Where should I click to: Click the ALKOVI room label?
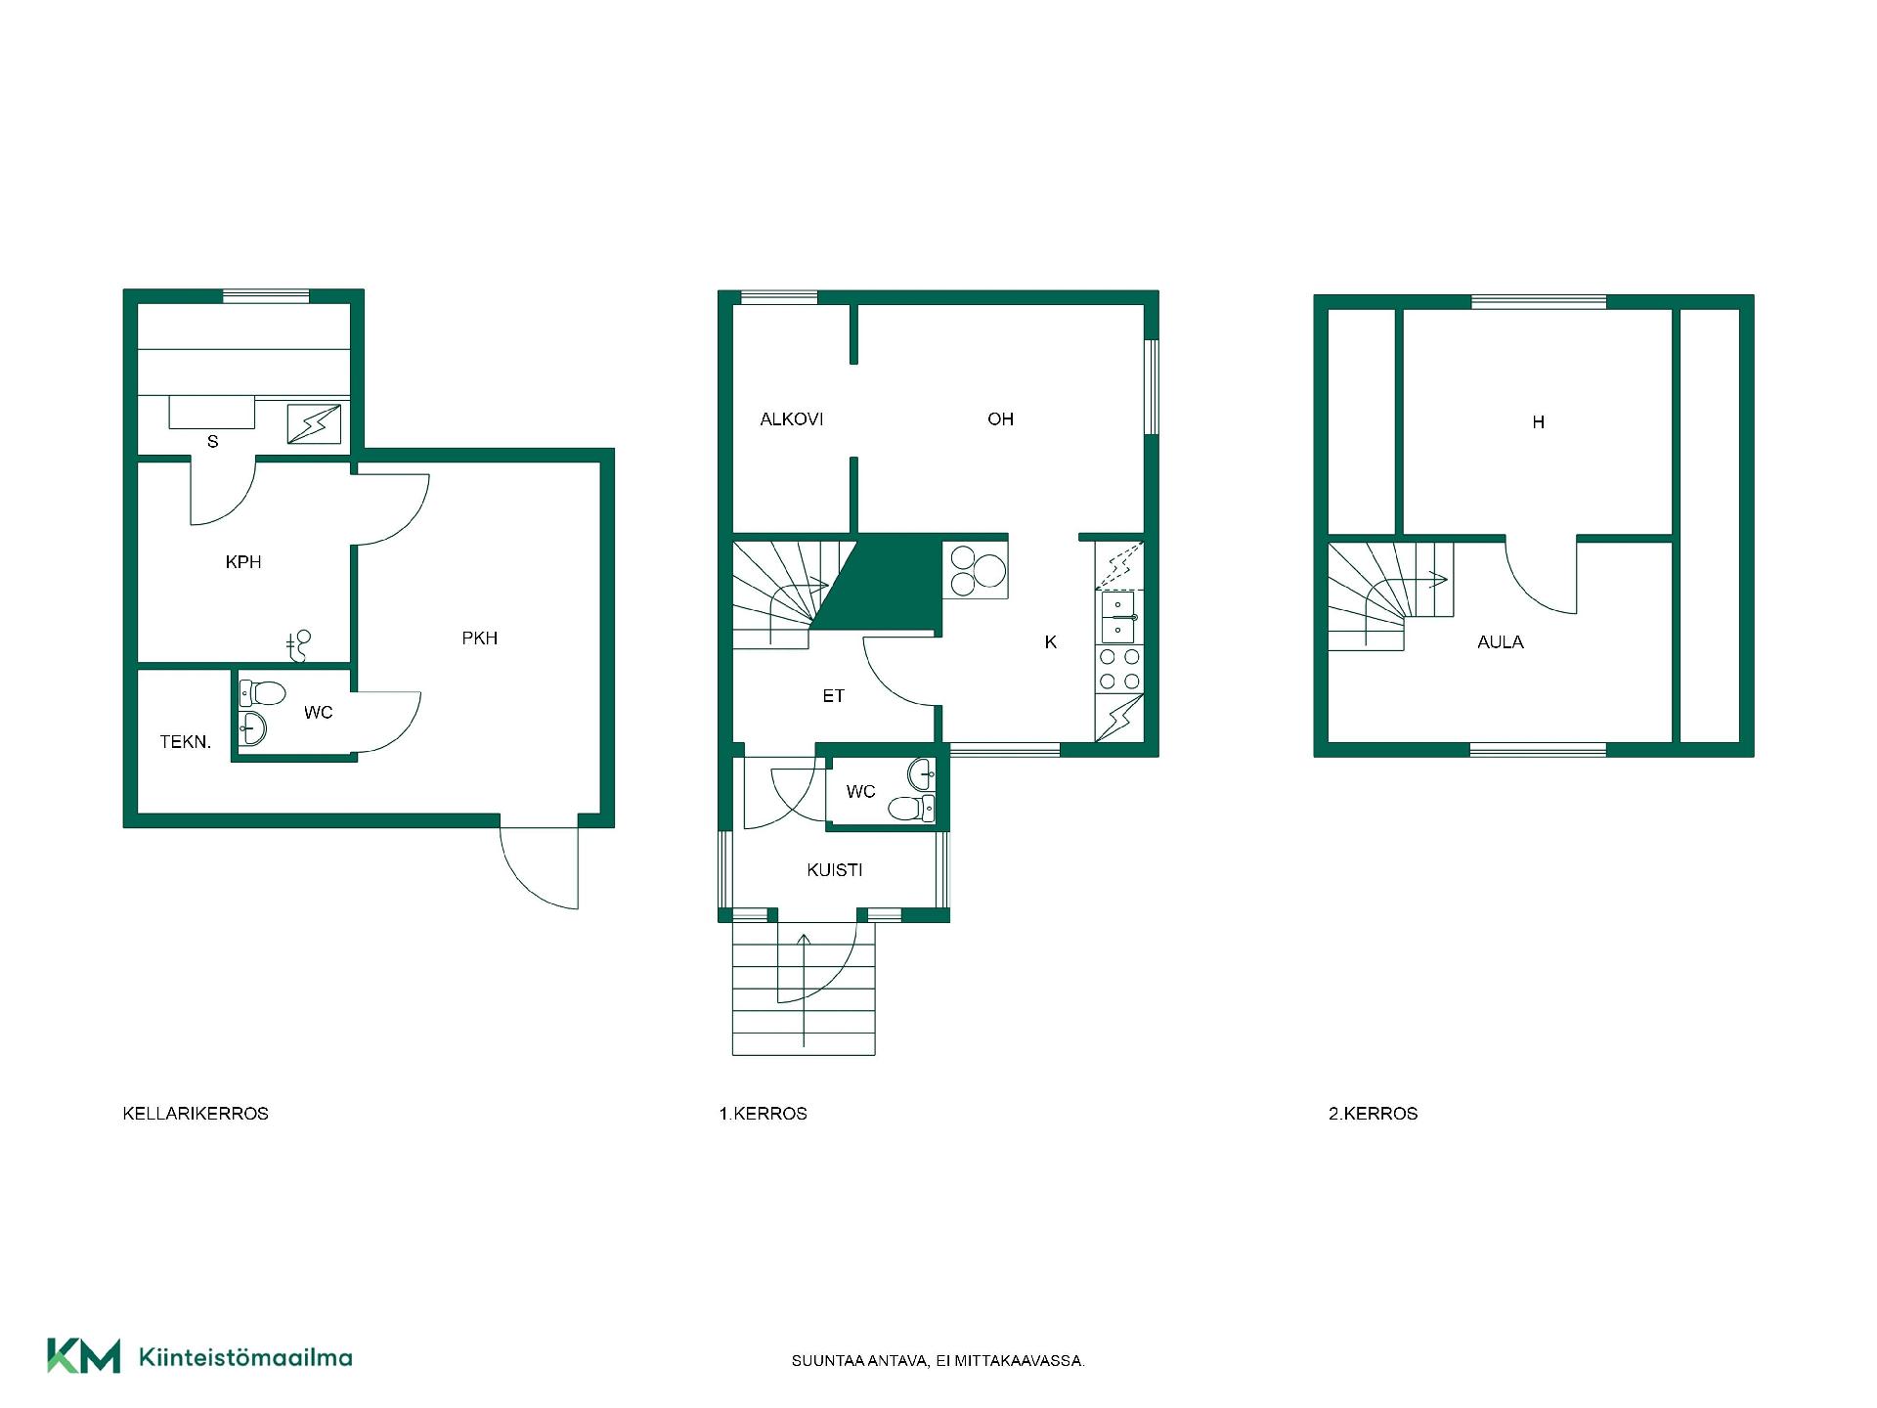791,419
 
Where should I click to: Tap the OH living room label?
1000,419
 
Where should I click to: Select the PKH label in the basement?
480,638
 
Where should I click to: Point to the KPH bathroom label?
243,562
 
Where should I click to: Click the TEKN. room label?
186,742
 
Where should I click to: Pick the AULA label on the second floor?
1501,642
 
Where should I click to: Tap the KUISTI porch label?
835,870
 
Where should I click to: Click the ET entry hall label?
833,696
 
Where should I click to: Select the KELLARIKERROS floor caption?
196,1114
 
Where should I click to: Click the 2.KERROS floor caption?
1373,1114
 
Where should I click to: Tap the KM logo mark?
84,1356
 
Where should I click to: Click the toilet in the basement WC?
262,694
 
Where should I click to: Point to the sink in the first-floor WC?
922,774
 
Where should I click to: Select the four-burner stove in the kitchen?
1119,669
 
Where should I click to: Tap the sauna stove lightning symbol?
314,424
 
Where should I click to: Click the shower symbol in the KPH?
300,642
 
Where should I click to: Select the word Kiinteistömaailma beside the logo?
245,1357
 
